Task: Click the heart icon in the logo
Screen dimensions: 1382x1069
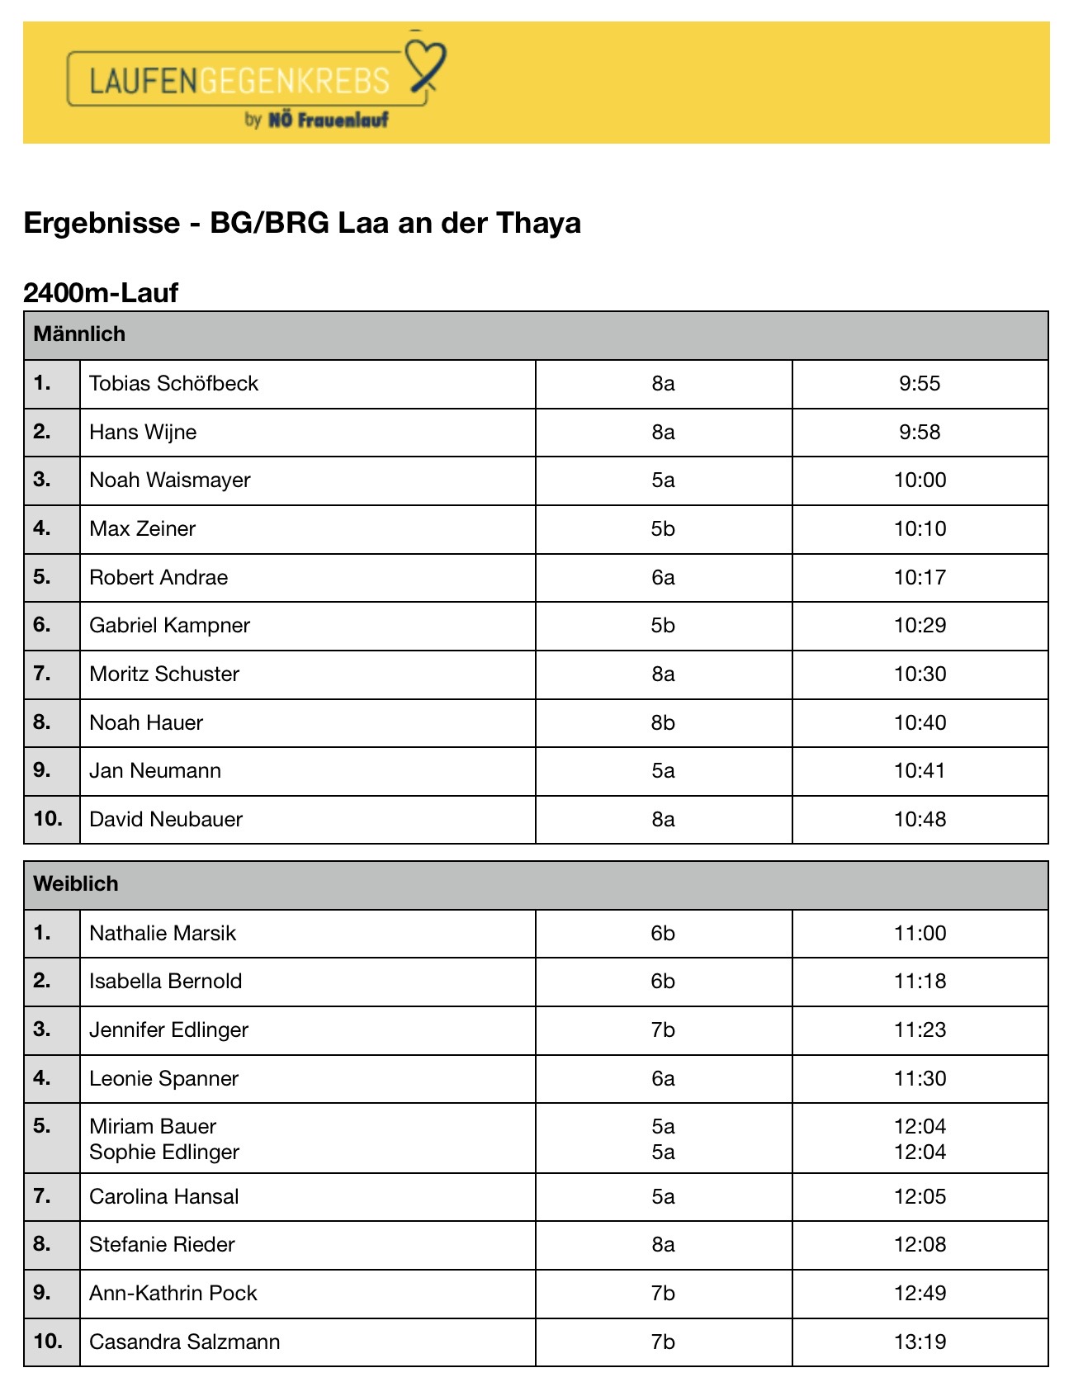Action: [x=426, y=60]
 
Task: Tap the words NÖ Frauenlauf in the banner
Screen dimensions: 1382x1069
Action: [x=328, y=120]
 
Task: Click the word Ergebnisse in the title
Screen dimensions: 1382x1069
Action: [x=102, y=223]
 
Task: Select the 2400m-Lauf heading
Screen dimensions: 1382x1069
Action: [x=101, y=292]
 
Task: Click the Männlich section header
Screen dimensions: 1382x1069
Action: [x=79, y=334]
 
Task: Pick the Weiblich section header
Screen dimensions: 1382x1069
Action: [x=76, y=883]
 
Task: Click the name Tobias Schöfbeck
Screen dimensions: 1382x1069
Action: [x=173, y=383]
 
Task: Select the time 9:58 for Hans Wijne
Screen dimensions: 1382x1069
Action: [x=920, y=432]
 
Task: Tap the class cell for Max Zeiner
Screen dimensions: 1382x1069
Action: [x=663, y=528]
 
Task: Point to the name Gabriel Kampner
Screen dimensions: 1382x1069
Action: [x=169, y=625]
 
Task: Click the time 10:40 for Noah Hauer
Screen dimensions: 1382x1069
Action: [x=920, y=722]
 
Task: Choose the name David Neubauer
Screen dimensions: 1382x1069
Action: [x=166, y=819]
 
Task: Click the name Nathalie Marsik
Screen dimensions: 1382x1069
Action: [x=163, y=933]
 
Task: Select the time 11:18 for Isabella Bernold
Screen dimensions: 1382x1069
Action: [x=920, y=981]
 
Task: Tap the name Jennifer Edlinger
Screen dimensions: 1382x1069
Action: [x=168, y=1029]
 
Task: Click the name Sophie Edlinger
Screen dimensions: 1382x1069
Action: [x=164, y=1152]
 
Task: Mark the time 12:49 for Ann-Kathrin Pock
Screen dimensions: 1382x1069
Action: [x=920, y=1293]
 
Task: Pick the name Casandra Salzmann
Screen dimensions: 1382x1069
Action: [x=184, y=1342]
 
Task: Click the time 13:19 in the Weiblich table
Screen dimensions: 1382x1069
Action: [x=920, y=1342]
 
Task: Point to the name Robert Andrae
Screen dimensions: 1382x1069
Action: [x=158, y=577]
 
